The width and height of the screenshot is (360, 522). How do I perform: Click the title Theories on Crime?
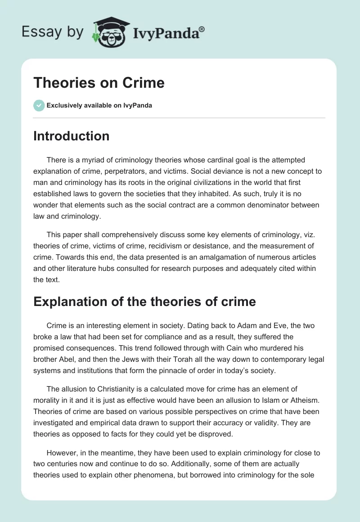pos(99,83)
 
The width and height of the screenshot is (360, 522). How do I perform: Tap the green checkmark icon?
pos(39,105)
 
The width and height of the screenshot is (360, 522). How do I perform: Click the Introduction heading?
pos(71,136)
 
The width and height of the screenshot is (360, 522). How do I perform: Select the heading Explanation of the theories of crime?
pos(144,301)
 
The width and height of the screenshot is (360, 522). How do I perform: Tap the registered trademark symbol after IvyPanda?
pos(202,29)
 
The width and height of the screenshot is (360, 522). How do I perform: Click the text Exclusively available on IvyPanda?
pos(99,106)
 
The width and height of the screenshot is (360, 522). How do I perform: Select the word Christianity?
pos(107,388)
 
